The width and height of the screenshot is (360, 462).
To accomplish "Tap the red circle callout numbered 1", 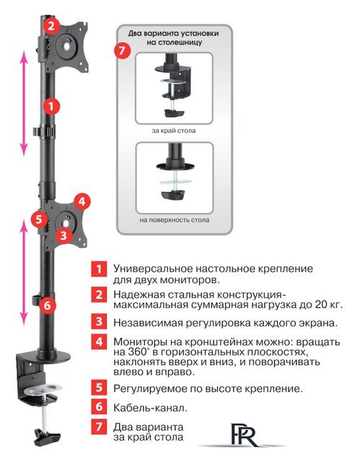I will click(49, 105).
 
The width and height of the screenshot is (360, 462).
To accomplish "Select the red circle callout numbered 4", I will click(82, 201).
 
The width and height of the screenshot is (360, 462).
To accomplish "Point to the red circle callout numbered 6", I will click(45, 305).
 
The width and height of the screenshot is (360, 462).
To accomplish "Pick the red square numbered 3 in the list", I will click(98, 323).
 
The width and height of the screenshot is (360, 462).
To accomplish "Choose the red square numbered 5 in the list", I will click(98, 388).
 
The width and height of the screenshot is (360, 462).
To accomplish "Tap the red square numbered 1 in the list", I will click(98, 269).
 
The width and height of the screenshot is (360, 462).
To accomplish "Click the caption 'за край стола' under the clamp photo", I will click(173, 131).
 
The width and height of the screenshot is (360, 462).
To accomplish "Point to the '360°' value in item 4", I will click(137, 352).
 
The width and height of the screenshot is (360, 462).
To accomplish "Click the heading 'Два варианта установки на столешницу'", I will click(173, 38).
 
